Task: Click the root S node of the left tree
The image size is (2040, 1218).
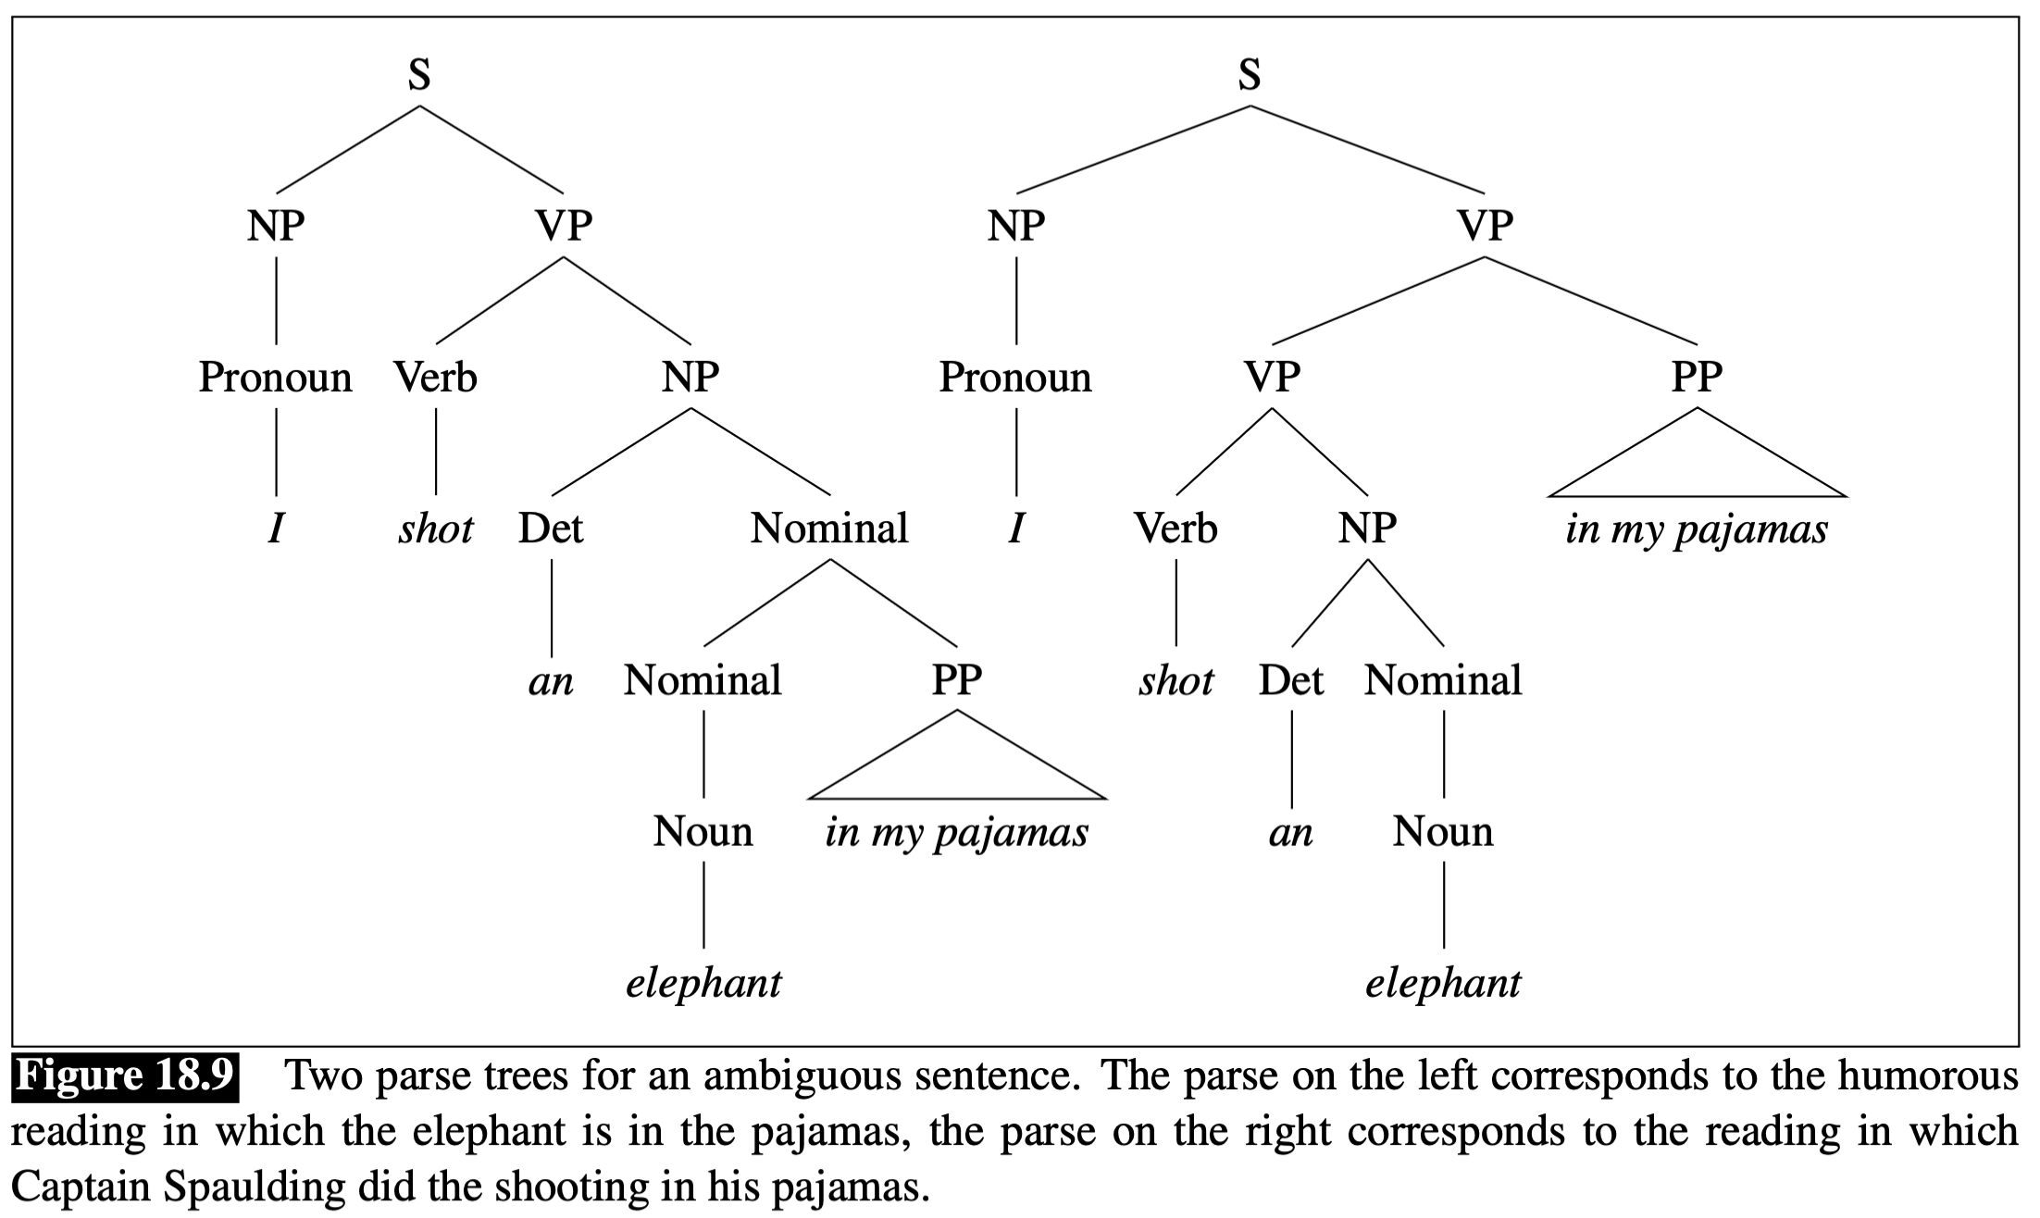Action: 419,74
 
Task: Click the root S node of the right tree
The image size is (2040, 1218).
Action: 1250,74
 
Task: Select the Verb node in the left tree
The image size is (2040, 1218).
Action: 435,378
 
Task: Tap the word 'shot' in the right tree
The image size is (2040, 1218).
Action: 1175,681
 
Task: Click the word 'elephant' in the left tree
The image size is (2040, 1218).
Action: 703,983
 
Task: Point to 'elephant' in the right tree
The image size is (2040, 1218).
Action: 1443,983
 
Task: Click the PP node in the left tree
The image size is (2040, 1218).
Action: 956,680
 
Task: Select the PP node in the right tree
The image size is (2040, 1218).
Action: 1697,378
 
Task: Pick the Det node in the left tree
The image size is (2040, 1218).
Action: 551,528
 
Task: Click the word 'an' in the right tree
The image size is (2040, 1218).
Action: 1290,833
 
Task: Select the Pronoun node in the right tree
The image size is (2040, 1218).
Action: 1015,378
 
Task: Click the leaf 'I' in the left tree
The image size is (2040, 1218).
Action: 275,529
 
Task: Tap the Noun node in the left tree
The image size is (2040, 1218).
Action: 703,831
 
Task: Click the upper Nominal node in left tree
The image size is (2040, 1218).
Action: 829,528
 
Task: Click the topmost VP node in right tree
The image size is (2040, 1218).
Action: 1485,226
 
